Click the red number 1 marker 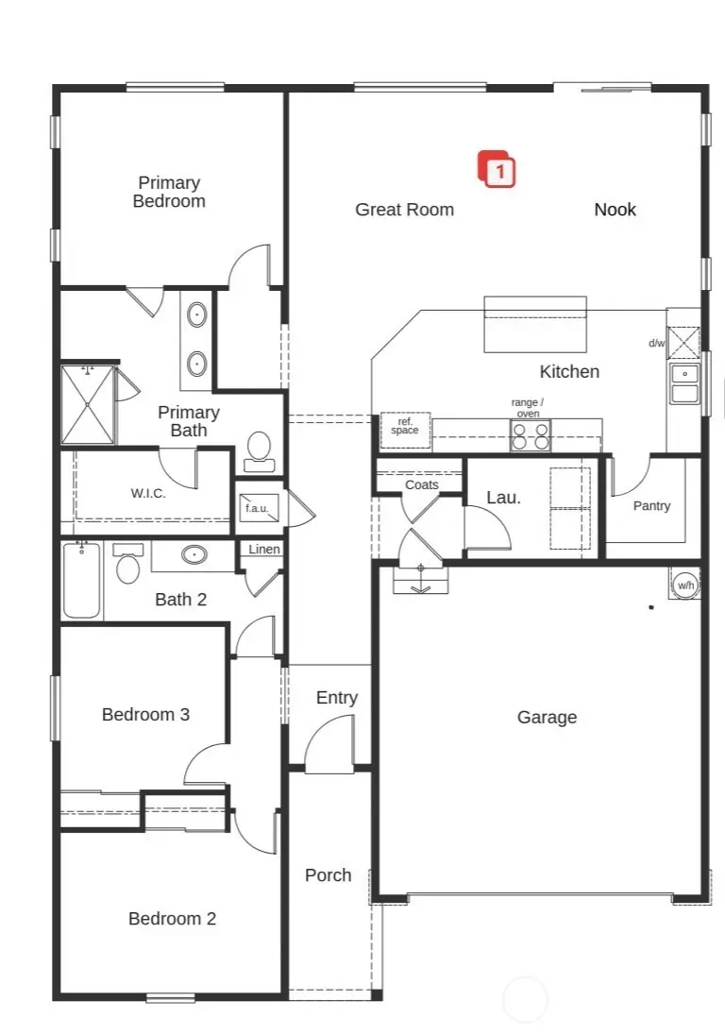499,171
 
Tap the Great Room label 404,210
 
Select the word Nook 615,210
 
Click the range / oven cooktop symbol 530,435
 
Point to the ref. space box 405,431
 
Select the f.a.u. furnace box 256,508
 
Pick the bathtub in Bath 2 82,580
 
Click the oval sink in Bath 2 195,554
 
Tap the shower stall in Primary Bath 87,404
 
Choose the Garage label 547,718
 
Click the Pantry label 651,506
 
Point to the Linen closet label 263,550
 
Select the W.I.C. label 148,493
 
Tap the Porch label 328,875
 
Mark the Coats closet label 421,484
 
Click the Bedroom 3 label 145,715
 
